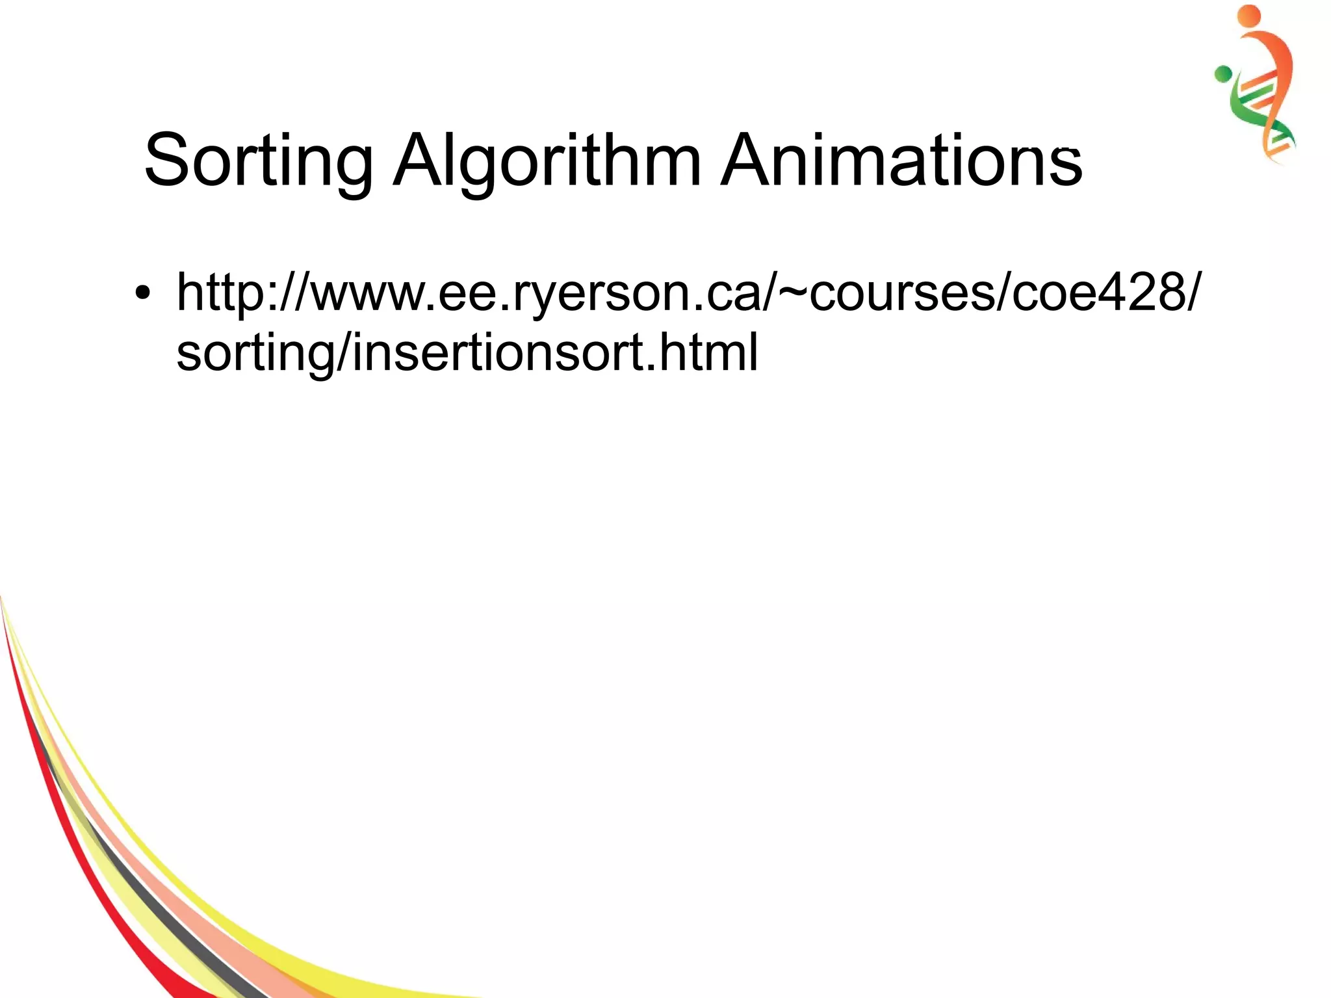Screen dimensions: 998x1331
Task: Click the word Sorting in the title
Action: [258, 160]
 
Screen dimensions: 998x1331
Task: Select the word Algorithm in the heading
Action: [547, 160]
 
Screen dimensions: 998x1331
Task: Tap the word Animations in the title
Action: [901, 160]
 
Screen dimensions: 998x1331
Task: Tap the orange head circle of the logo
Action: [1249, 16]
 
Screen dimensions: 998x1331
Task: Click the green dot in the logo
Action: [1223, 74]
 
